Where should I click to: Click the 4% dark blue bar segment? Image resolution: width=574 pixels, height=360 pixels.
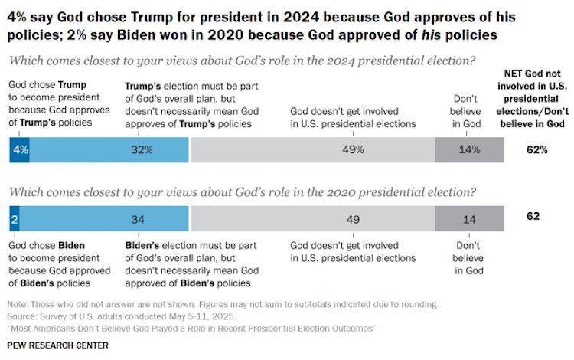[x=19, y=149]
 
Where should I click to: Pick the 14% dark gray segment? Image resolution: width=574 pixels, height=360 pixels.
[x=470, y=149]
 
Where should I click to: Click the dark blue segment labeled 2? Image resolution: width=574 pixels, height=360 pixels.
[x=14, y=218]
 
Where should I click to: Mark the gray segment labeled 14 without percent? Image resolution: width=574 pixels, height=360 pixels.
[x=470, y=218]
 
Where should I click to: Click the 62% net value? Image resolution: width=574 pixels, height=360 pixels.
[x=537, y=149]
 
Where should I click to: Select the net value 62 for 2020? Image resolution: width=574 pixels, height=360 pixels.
[x=533, y=217]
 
